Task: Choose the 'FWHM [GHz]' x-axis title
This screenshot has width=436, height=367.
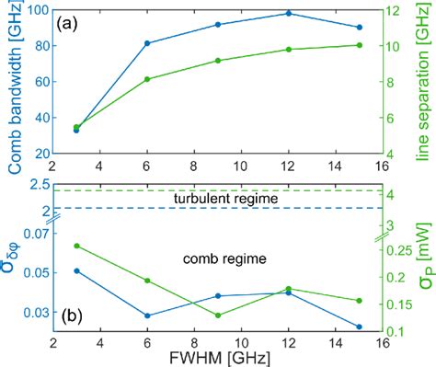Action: (217, 357)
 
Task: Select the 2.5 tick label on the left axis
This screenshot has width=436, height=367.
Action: (39, 185)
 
